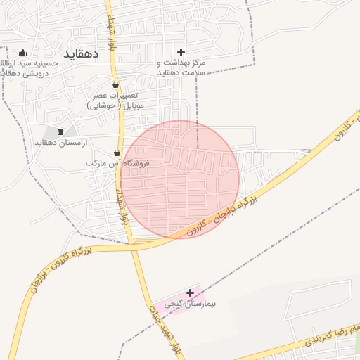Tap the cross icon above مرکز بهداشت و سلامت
click(181, 52)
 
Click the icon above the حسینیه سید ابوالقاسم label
click(22, 52)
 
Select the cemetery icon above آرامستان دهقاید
click(60, 131)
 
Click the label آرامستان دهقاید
click(63, 143)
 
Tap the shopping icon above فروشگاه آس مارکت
click(117, 153)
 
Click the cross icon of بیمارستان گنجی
click(190, 292)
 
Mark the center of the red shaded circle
click(180, 179)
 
